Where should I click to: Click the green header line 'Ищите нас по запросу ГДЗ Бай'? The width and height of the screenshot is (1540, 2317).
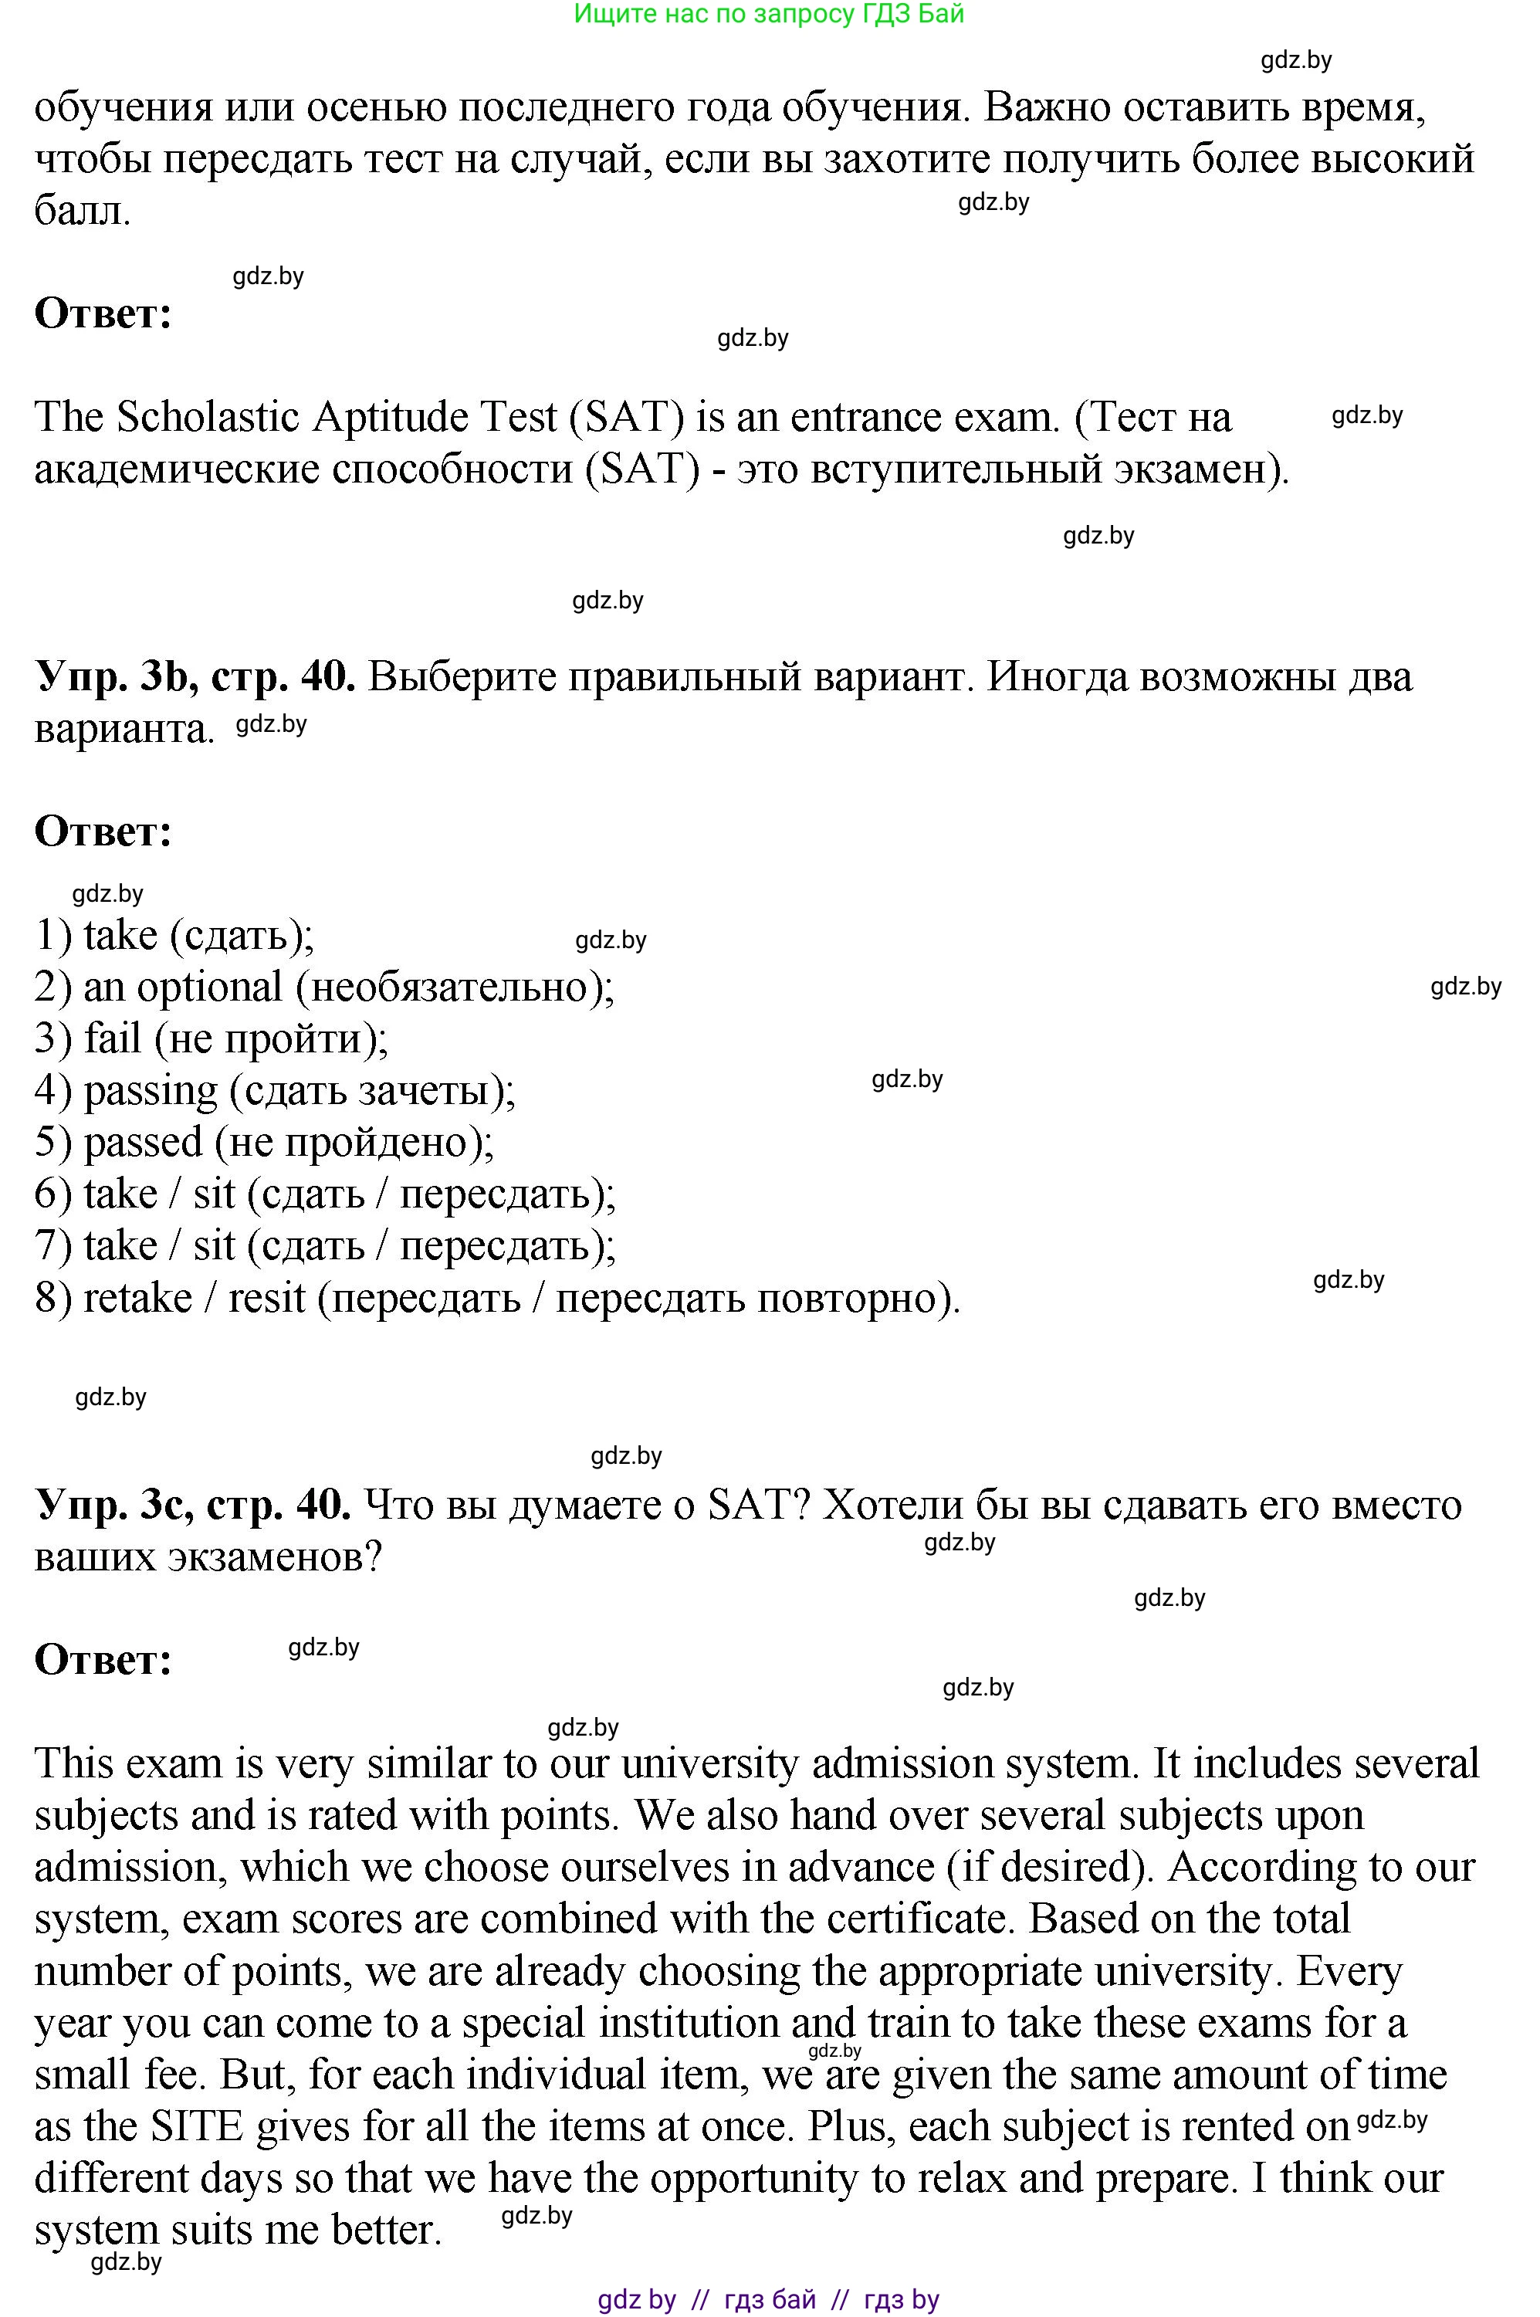(x=768, y=14)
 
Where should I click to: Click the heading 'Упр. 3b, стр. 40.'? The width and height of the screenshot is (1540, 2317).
(x=195, y=677)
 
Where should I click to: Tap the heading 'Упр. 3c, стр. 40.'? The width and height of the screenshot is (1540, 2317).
(x=192, y=1504)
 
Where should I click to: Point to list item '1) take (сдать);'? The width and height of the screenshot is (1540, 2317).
(x=174, y=935)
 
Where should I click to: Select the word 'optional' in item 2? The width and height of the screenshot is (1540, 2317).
(x=209, y=987)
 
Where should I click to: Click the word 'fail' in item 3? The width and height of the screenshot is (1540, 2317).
(x=112, y=1039)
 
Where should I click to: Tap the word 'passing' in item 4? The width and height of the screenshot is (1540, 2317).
(x=151, y=1091)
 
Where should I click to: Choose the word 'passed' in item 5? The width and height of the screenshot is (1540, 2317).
(x=142, y=1143)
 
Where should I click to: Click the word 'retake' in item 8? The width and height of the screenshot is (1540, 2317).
(x=137, y=1299)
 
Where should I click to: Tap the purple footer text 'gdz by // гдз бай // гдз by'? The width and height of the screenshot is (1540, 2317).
(x=768, y=2298)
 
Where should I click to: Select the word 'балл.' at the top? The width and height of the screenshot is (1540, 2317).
(x=82, y=212)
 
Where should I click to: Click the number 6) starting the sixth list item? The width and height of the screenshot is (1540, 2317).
(x=53, y=1195)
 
